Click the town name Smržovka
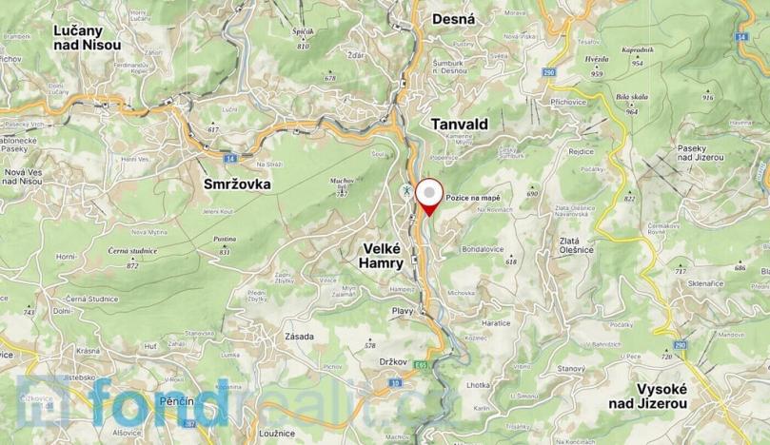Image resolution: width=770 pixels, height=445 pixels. (x=237, y=184)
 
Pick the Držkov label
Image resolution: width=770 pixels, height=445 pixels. (x=393, y=361)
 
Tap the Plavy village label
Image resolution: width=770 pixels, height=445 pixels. (x=405, y=310)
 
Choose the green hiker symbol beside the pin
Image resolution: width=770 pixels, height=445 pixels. (x=405, y=191)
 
